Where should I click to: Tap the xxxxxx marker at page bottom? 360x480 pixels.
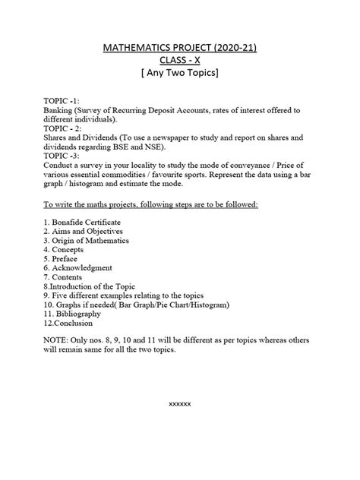click(179, 403)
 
